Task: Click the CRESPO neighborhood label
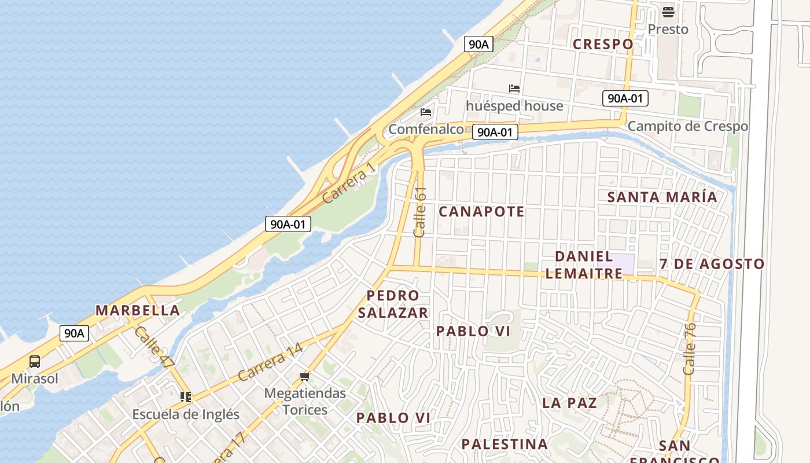pos(603,44)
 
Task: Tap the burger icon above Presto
pos(668,12)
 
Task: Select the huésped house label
pos(514,106)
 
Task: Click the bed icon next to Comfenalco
pos(426,112)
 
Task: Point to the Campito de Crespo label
pos(687,126)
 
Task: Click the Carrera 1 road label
pos(348,182)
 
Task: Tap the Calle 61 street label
pos(420,211)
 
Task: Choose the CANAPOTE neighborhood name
pos(481,212)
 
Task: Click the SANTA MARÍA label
pos(662,197)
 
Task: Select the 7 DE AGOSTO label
pos(712,264)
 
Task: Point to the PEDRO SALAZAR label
pos(393,304)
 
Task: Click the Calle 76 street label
pos(689,348)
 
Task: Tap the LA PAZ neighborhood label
pos(569,403)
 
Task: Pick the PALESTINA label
pos(505,444)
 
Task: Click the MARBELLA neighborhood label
pos(138,310)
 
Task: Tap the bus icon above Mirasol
pos(35,362)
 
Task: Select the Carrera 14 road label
pos(270,362)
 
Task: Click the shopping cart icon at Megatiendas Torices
pos(305,377)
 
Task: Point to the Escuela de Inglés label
pos(185,414)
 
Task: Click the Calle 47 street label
pos(154,347)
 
